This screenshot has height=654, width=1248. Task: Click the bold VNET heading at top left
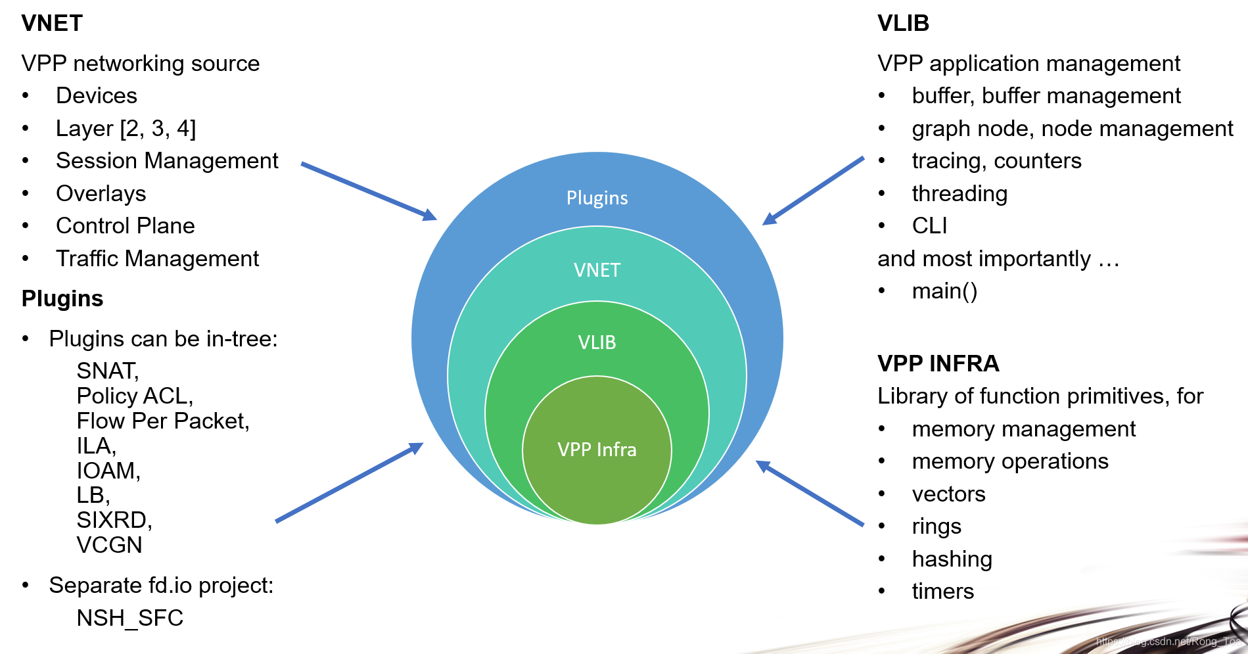tap(52, 23)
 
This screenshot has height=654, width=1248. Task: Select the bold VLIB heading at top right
tap(903, 23)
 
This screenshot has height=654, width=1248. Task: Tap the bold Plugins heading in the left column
tap(62, 298)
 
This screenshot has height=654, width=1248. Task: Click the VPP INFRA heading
tap(938, 363)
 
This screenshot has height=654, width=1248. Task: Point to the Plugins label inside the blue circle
tap(597, 198)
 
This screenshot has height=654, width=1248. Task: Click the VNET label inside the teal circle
tap(597, 270)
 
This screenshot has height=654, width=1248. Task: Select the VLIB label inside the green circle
tap(597, 342)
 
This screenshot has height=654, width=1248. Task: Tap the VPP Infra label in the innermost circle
tap(597, 450)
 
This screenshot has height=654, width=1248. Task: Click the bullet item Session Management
tap(167, 160)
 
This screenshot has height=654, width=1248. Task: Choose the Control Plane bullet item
tap(125, 225)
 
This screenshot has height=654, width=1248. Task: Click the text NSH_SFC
tap(129, 618)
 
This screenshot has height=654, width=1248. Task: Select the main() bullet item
tap(944, 291)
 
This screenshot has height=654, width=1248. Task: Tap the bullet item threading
tap(959, 193)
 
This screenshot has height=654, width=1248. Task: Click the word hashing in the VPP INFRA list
tap(952, 559)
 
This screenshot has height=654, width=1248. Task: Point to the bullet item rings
tap(936, 526)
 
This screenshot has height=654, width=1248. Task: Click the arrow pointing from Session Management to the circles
tap(368, 191)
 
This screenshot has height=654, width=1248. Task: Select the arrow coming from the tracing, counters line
tap(814, 191)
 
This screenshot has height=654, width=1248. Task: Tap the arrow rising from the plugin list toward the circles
tap(348, 482)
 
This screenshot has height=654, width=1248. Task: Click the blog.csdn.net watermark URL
tap(1167, 641)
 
